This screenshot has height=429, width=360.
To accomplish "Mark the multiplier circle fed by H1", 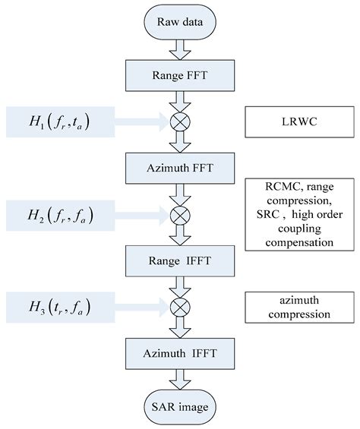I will point(174,120).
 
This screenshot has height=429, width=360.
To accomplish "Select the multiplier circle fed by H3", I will point(174,309).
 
